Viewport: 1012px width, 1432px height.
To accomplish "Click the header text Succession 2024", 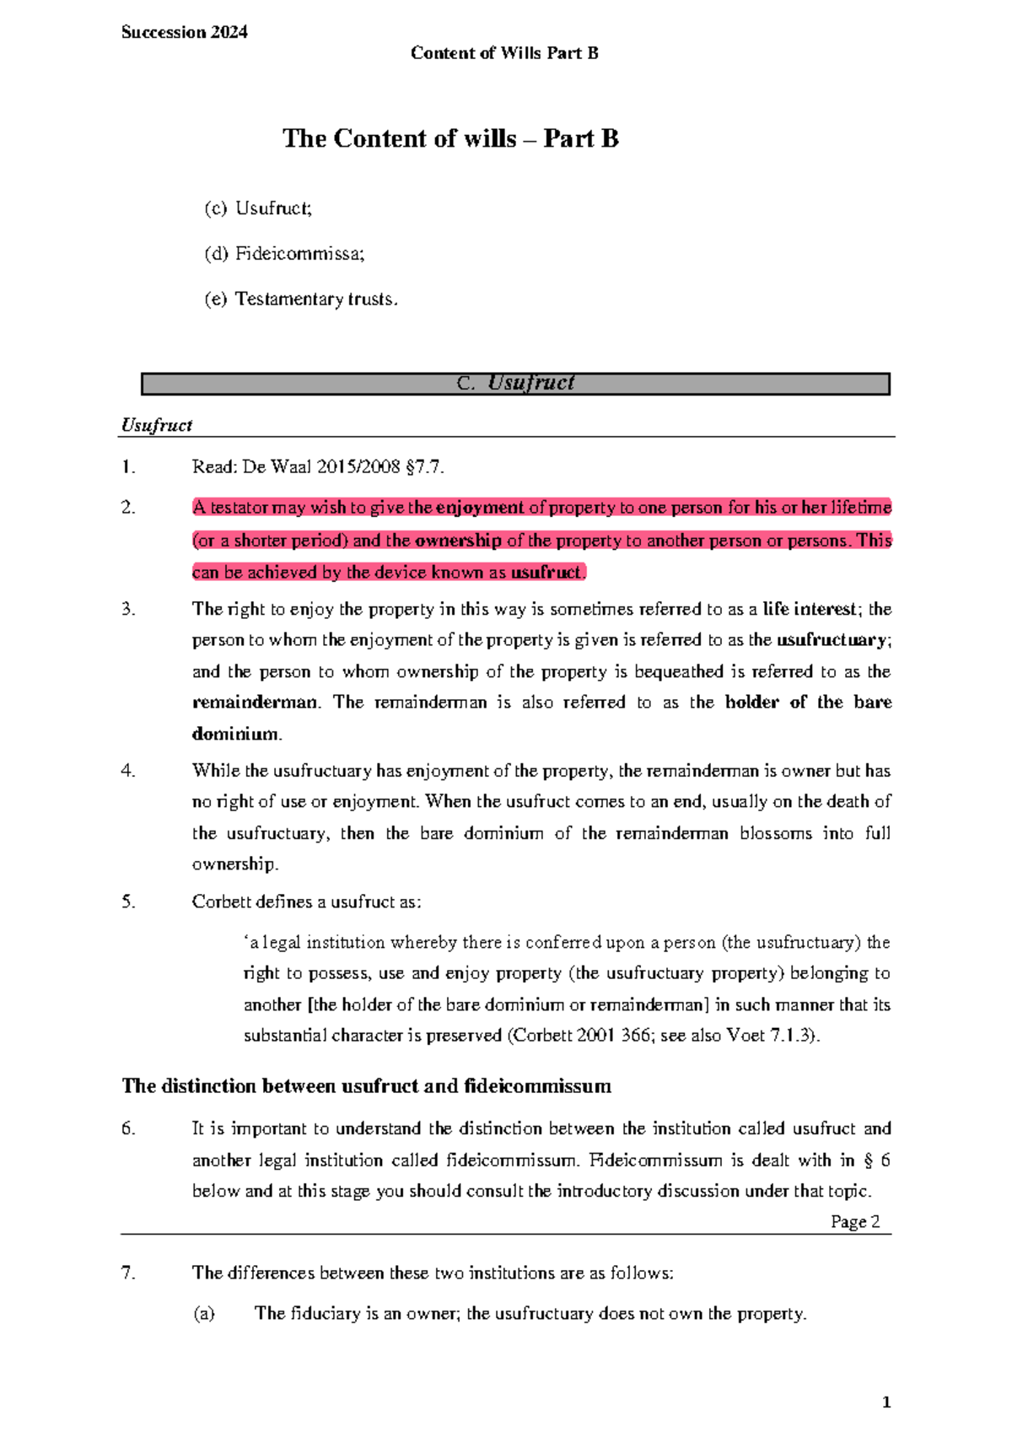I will [x=184, y=32].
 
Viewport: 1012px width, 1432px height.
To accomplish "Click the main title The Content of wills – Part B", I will [x=450, y=138].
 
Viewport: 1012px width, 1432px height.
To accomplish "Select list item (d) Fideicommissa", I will [x=284, y=253].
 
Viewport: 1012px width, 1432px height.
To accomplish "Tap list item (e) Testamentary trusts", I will [x=300, y=299].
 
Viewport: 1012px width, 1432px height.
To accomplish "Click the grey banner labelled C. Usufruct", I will [x=515, y=384].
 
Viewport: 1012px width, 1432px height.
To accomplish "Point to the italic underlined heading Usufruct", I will [x=157, y=425].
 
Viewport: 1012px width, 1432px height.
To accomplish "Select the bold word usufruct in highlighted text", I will [x=546, y=572].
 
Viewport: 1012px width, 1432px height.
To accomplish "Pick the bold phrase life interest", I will [x=809, y=609].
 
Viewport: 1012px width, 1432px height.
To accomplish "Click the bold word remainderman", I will [x=255, y=703].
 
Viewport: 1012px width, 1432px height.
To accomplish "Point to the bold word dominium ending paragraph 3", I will [x=234, y=734].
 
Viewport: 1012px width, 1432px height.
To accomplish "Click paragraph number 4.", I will [x=128, y=771].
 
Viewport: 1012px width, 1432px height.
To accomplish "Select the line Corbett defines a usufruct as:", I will [x=306, y=902].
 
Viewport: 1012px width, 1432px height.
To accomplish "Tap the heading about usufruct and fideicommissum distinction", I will [x=366, y=1085].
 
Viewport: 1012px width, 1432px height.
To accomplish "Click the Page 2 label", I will [x=854, y=1221].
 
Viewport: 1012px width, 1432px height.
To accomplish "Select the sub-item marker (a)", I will [x=203, y=1313].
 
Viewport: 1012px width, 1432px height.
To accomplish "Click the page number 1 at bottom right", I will [x=885, y=1402].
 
